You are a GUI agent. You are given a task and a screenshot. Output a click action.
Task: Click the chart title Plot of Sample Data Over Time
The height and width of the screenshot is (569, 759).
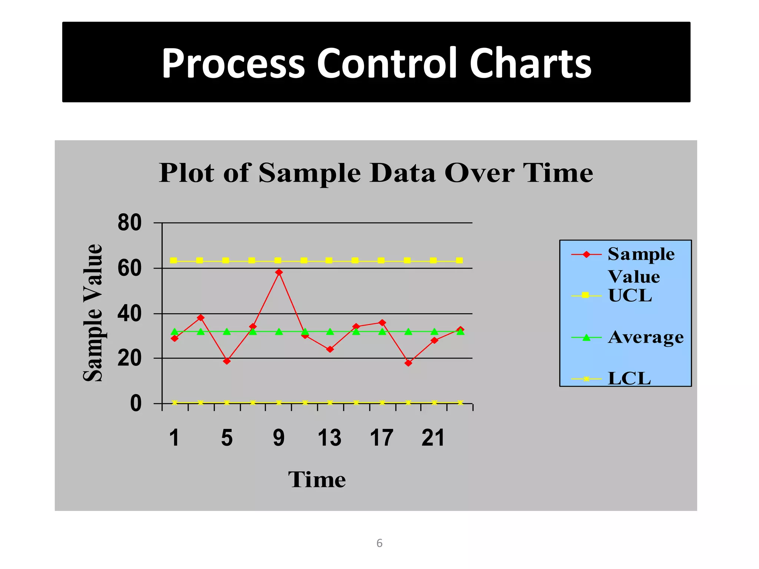376,173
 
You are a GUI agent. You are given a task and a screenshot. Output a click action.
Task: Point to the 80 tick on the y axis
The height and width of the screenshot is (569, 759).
130,223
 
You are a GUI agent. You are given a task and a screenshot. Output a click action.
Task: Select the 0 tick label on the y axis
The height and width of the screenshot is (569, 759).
136,403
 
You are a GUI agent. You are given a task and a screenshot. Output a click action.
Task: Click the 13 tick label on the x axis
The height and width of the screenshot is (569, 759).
329,438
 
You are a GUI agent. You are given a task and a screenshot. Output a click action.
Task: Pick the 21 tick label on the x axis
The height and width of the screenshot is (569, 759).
433,438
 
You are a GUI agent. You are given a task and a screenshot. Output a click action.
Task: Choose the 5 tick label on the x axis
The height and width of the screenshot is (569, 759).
227,438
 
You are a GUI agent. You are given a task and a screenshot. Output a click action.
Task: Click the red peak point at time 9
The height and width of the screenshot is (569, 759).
279,272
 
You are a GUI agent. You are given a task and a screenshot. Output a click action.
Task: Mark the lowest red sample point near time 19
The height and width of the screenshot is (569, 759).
408,363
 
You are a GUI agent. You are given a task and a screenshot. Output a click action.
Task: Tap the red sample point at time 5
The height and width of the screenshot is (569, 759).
227,361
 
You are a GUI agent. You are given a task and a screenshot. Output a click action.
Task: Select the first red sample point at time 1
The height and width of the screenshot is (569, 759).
175,338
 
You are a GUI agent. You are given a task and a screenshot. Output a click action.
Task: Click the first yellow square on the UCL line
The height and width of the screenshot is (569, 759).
173,260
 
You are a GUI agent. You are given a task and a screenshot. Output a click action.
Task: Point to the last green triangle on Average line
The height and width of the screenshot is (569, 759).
460,332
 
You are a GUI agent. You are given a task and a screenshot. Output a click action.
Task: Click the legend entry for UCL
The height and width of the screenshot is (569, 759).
630,295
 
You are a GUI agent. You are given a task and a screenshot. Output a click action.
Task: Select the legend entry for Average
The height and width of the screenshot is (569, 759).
646,337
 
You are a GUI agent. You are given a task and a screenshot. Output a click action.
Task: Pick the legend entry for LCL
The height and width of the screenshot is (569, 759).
629,378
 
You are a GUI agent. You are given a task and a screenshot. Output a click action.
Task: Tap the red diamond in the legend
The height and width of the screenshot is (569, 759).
586,254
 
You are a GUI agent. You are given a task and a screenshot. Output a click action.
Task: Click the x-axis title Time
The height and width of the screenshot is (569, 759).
317,480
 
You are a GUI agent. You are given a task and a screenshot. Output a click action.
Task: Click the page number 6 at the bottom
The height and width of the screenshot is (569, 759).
379,543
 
